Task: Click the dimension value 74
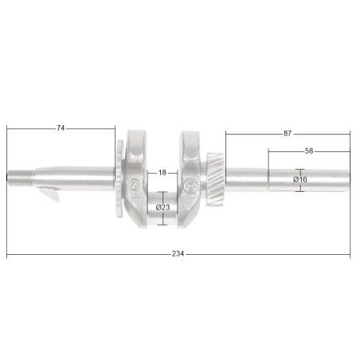click(x=61, y=128)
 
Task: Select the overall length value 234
click(x=178, y=254)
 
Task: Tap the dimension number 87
click(x=288, y=134)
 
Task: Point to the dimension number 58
click(x=309, y=151)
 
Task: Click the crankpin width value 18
click(x=162, y=173)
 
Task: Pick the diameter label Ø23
click(x=163, y=207)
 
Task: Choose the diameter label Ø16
click(x=300, y=180)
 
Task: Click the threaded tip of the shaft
click(x=20, y=178)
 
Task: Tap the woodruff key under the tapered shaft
click(x=50, y=194)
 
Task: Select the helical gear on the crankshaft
click(x=215, y=178)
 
